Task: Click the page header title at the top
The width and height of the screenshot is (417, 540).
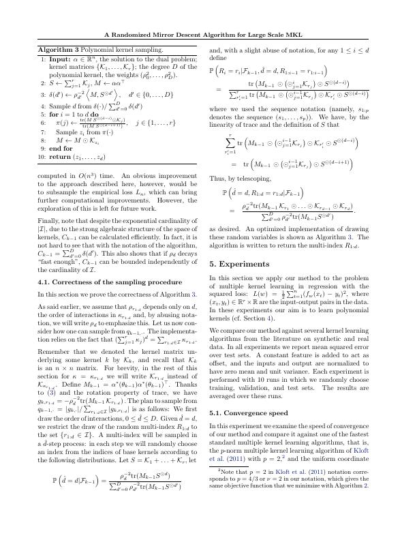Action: tap(208, 35)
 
